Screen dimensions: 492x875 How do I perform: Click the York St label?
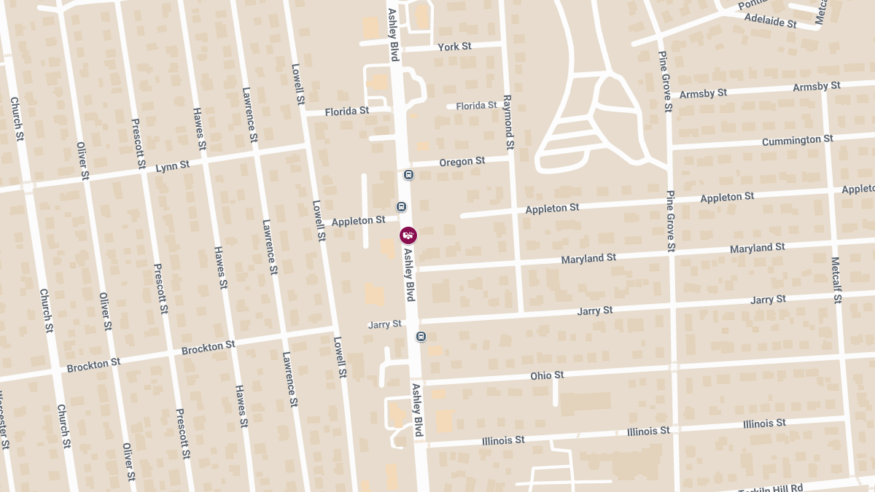454,47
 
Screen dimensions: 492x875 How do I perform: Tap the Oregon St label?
462,161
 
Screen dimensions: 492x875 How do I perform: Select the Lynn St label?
173,166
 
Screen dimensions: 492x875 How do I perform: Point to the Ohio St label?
547,375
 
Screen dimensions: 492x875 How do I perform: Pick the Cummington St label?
797,140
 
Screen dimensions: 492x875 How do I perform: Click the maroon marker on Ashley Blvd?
408,235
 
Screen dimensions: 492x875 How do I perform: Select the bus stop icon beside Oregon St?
408,175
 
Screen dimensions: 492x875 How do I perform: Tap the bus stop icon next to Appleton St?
401,207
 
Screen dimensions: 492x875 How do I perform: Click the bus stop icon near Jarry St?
421,336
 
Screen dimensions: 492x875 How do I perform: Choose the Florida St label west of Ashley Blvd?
347,112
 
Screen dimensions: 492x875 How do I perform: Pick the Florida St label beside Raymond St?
476,106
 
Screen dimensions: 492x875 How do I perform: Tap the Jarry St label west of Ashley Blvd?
385,324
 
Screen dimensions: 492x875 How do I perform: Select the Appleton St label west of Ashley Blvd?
358,221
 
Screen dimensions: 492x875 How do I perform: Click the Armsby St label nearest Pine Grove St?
703,94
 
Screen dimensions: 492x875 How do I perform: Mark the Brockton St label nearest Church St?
93,364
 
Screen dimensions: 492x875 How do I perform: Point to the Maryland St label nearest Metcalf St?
757,249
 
